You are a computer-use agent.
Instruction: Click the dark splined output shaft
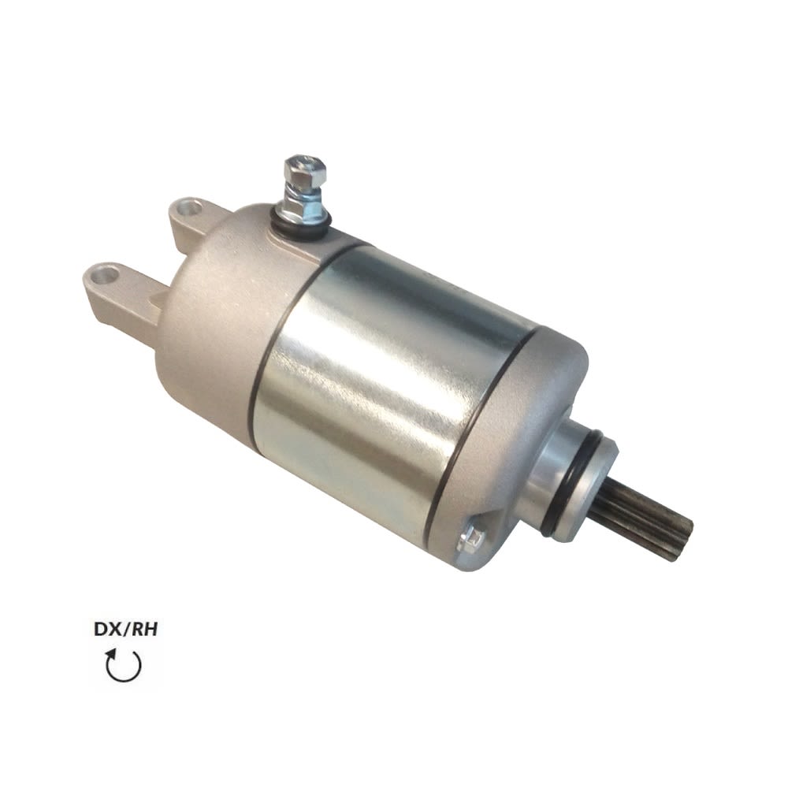(643, 521)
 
